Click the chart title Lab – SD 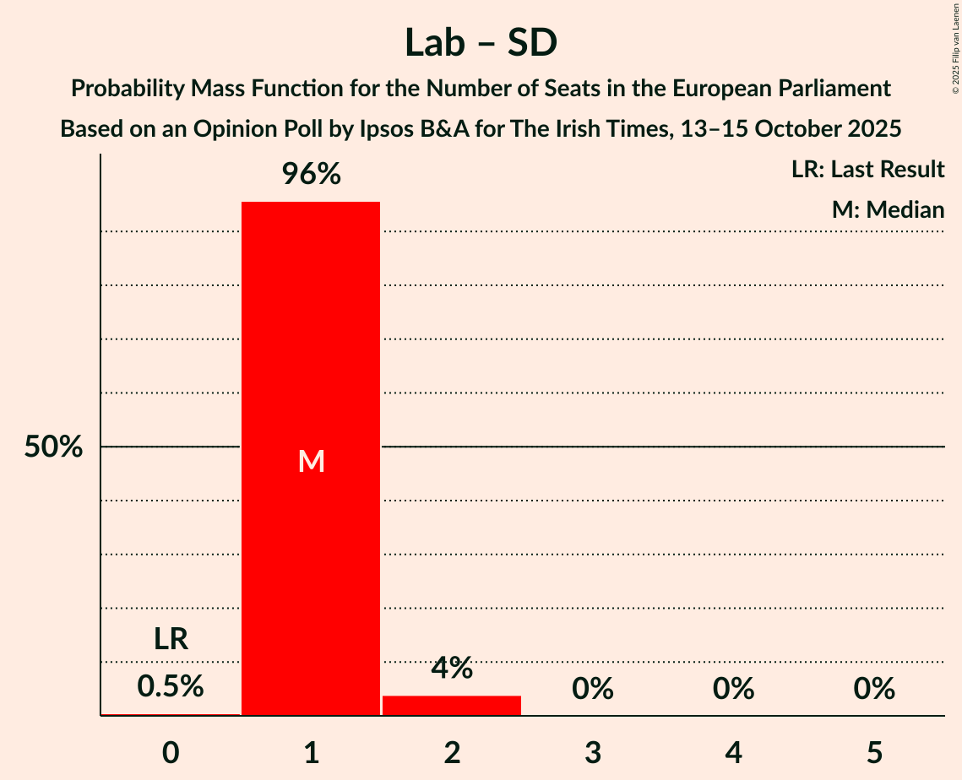pyautogui.click(x=481, y=42)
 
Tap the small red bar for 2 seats pyautogui.click(x=452, y=705)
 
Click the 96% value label pyautogui.click(x=311, y=175)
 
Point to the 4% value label pyautogui.click(x=452, y=668)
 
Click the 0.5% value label pyautogui.click(x=171, y=686)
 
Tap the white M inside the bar pyautogui.click(x=311, y=461)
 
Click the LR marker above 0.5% pyautogui.click(x=171, y=639)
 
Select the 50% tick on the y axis pyautogui.click(x=53, y=447)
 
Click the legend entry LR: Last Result pyautogui.click(x=867, y=170)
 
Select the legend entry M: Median pyautogui.click(x=888, y=209)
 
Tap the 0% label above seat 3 pyautogui.click(x=593, y=689)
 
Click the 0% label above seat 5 pyautogui.click(x=874, y=689)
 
